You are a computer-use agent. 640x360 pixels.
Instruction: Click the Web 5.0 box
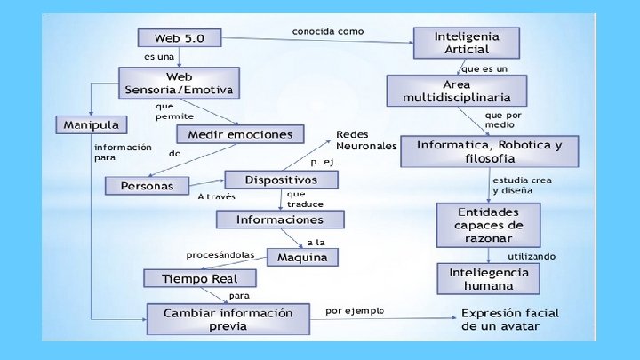[x=179, y=38]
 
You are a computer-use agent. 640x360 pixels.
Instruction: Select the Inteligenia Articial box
[x=466, y=43]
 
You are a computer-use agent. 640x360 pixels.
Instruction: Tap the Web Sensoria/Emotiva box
[x=179, y=84]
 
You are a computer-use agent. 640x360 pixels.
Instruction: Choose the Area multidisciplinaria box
[x=455, y=90]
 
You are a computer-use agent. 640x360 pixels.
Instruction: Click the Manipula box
[x=91, y=124]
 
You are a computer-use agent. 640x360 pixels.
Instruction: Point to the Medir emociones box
[x=239, y=134]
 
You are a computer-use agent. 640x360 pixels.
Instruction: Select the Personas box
[x=148, y=186]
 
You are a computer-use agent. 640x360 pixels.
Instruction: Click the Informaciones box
[x=279, y=219]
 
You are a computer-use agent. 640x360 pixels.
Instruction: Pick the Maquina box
[x=302, y=258]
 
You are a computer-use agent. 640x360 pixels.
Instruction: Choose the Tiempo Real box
[x=199, y=279]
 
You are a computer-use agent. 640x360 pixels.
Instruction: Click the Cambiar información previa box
[x=228, y=318]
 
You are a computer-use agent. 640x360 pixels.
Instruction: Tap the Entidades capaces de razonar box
[x=490, y=225]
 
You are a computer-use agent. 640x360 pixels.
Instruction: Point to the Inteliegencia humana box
[x=488, y=278]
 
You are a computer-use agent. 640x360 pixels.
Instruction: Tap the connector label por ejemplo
[x=355, y=311]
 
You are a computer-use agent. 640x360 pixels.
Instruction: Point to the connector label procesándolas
[x=220, y=255]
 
